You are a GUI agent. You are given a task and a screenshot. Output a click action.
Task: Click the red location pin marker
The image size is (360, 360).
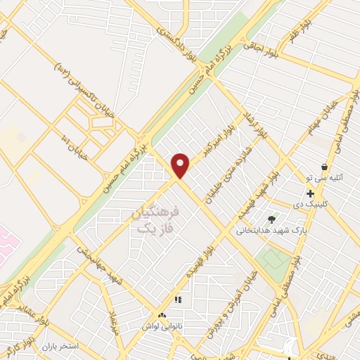(181, 165)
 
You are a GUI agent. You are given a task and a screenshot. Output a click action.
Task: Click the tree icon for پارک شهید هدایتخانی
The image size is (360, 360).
(272, 219)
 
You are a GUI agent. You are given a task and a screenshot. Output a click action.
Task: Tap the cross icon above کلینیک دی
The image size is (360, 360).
(309, 193)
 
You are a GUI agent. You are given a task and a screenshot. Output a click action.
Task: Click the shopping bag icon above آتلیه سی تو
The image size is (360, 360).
(324, 167)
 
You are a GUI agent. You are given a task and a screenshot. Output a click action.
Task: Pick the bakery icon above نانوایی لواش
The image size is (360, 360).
(162, 316)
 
